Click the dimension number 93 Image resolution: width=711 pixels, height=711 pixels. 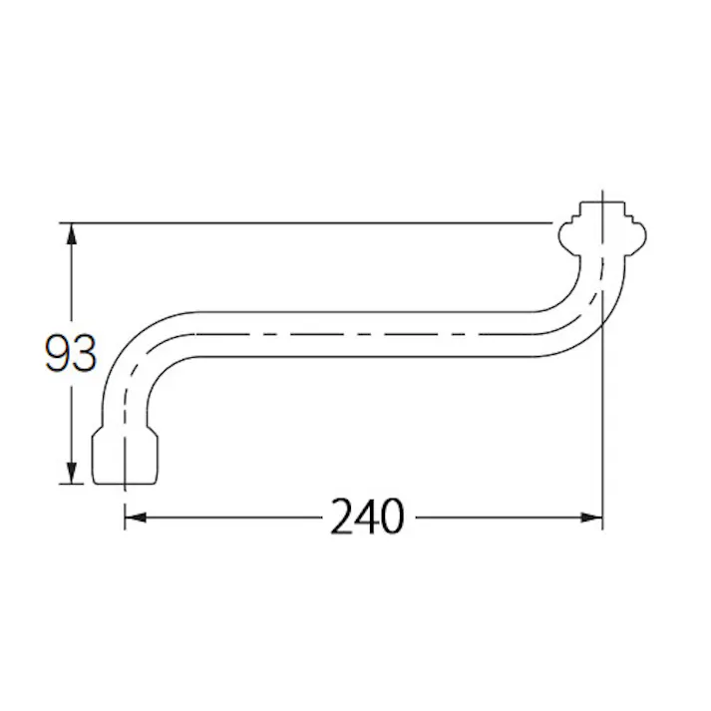tap(71, 353)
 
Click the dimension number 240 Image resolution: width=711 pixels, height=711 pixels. tap(367, 517)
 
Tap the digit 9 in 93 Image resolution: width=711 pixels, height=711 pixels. tap(58, 353)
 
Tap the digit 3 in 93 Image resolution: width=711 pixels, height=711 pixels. tap(85, 353)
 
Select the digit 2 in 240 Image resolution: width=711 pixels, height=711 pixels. tap(342, 517)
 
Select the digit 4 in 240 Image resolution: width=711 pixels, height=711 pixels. tap(367, 517)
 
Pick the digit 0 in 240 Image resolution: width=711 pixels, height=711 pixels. tap(392, 517)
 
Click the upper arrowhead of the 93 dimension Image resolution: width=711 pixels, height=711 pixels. tap(71, 234)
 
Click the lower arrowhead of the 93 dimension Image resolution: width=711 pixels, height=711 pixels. tap(71, 473)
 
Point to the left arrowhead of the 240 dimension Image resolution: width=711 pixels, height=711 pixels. tap(136, 518)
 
